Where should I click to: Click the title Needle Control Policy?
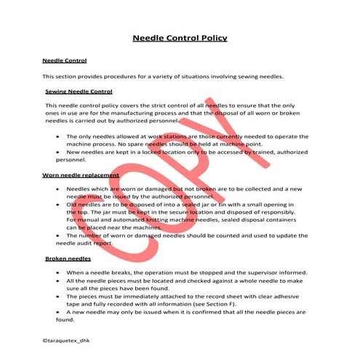point(180,37)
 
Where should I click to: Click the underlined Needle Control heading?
point(65,60)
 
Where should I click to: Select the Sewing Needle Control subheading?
point(79,92)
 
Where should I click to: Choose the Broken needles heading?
point(68,258)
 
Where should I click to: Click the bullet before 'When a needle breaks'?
point(57,272)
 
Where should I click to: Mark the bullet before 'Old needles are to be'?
point(57,204)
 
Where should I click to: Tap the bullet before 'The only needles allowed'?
point(57,136)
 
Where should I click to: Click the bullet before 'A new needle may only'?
point(57,311)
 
